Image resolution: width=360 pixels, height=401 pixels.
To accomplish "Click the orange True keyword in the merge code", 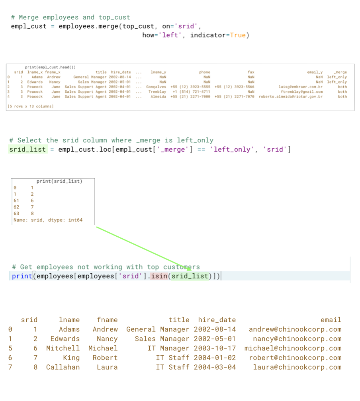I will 238,35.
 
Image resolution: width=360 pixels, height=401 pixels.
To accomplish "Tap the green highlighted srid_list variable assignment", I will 27,150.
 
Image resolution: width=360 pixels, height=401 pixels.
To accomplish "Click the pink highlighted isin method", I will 159,276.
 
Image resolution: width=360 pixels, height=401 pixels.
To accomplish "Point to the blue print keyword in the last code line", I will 22,276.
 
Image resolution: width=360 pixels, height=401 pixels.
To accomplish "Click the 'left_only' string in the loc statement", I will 233,150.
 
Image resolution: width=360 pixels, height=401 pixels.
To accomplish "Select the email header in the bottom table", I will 331,320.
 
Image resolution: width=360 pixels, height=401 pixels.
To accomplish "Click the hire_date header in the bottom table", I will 217,320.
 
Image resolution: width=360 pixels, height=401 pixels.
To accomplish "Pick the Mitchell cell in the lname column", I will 63,348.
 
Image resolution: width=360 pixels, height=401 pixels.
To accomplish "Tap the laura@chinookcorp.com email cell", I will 297,367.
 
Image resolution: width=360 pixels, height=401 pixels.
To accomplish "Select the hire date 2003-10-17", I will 215,348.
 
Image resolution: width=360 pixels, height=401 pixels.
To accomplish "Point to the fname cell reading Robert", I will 105,358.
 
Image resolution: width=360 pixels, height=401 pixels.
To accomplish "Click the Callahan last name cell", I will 63,367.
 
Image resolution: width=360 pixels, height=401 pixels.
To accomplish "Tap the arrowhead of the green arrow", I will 189,269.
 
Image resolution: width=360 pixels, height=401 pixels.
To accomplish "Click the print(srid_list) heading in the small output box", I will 59,181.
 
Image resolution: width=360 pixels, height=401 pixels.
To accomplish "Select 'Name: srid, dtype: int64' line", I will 48,220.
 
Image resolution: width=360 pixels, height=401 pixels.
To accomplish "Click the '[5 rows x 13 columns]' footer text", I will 30,106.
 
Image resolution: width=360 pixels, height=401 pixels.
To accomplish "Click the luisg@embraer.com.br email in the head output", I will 301,87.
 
